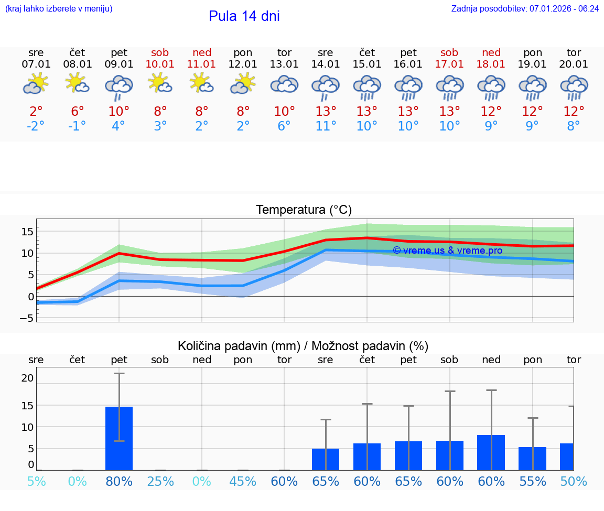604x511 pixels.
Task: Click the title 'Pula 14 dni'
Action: pos(244,16)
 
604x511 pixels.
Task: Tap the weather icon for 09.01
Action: pos(119,87)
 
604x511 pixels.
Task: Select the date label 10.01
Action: pos(160,64)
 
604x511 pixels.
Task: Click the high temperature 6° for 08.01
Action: pos(77,111)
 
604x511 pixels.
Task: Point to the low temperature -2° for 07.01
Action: pos(36,126)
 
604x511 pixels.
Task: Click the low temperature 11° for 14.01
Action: pos(326,126)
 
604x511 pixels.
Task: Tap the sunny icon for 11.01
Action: pos(202,83)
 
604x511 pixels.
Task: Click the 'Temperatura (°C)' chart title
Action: pos(304,210)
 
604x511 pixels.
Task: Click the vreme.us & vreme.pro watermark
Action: pos(447,251)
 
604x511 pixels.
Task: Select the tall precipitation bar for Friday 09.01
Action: pos(119,438)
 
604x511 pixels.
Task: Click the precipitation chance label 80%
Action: pos(119,481)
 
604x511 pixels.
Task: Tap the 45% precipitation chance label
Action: pos(243,481)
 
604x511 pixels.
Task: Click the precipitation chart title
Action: pos(303,346)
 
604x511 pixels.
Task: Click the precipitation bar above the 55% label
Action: pos(532,459)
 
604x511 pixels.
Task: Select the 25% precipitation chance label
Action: pos(160,481)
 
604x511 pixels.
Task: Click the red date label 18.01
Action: pos(491,64)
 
